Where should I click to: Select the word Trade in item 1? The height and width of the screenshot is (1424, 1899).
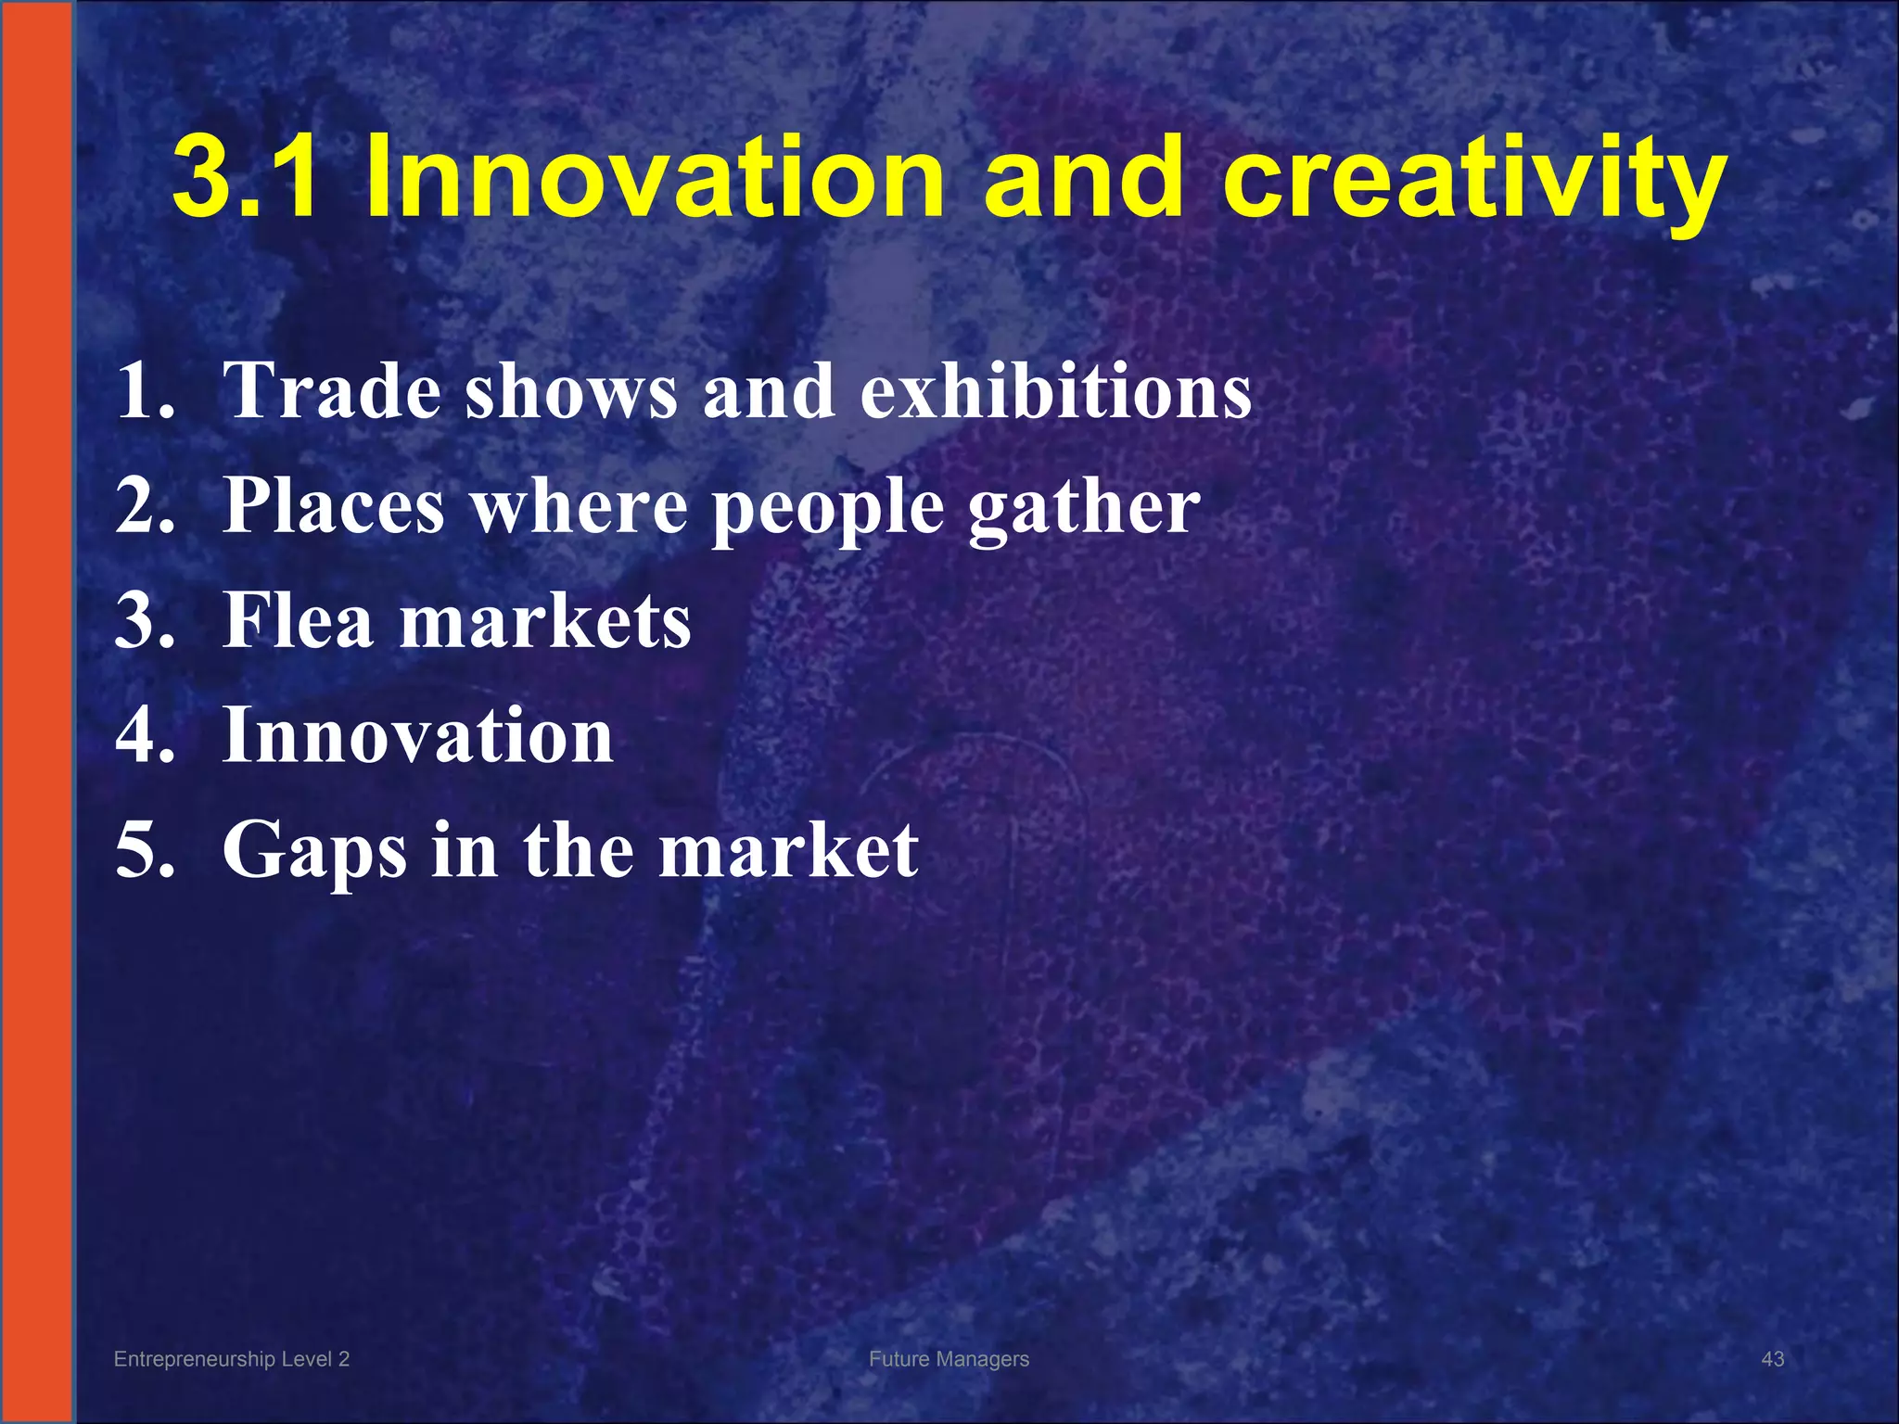(x=333, y=390)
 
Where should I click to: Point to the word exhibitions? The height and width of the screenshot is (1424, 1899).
(x=1056, y=390)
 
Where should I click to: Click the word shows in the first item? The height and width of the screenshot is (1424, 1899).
(x=571, y=390)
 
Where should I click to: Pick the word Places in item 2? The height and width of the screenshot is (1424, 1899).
(x=335, y=507)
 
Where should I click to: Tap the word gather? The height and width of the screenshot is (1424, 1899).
(x=1084, y=509)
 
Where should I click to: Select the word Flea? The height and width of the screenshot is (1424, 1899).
(x=299, y=620)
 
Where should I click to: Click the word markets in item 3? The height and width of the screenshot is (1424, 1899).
(x=545, y=620)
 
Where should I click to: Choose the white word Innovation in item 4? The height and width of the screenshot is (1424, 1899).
(x=418, y=735)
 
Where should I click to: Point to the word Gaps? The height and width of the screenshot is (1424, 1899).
(x=314, y=851)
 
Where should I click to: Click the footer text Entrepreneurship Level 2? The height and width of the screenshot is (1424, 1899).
(x=232, y=1359)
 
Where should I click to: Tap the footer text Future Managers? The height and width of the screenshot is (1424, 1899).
(x=949, y=1359)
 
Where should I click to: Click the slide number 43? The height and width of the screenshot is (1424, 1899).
(x=1772, y=1359)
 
